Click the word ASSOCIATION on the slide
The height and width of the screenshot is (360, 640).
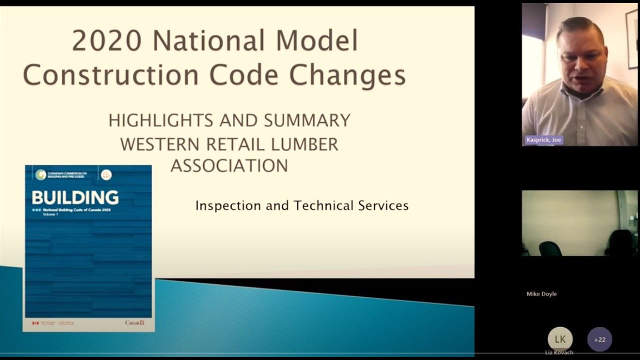tap(229, 165)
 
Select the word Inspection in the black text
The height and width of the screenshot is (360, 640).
tap(228, 205)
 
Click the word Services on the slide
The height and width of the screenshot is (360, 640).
tap(383, 205)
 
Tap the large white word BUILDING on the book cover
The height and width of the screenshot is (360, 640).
tap(75, 197)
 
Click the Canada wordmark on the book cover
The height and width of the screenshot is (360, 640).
tap(134, 323)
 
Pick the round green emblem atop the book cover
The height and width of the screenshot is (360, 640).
tap(40, 174)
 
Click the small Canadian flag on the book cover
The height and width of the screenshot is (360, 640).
tap(35, 323)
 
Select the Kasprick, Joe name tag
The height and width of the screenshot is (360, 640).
tap(543, 140)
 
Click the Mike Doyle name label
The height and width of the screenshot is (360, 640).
tap(541, 294)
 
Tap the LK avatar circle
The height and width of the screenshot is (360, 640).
tap(560, 339)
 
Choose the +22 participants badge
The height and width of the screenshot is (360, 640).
tap(599, 339)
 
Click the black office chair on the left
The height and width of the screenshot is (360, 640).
tap(550, 248)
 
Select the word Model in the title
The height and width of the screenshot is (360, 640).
tap(317, 41)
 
